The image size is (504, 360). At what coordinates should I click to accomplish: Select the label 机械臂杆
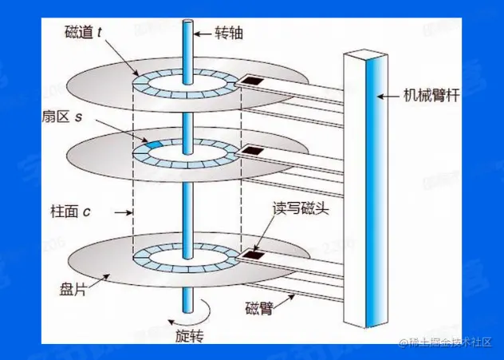431,97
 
